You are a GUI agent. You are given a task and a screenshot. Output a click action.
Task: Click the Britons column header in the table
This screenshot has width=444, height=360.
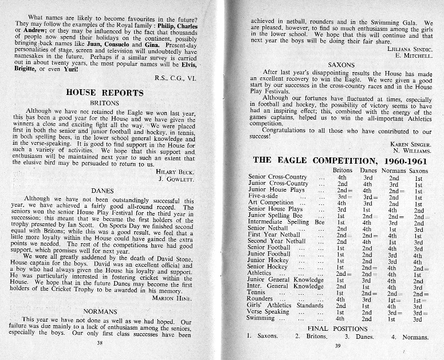click(343, 171)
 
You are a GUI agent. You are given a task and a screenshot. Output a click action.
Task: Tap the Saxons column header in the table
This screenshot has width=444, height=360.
click(419, 171)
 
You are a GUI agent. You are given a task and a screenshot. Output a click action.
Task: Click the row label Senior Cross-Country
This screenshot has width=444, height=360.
click(278, 177)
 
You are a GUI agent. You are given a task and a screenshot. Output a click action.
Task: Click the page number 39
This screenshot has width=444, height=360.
click(337, 346)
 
